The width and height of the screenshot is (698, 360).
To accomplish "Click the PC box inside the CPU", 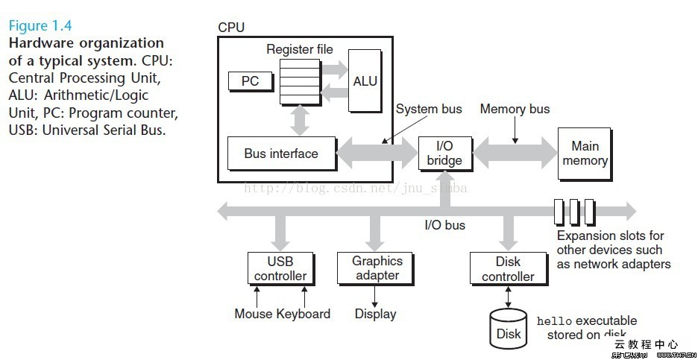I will (x=250, y=80).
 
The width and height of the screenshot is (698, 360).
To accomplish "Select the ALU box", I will (x=365, y=80).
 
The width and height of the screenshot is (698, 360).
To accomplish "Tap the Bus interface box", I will (x=281, y=154).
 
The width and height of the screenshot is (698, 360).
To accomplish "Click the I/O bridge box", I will (x=444, y=154).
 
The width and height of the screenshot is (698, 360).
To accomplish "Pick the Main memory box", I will (x=585, y=154).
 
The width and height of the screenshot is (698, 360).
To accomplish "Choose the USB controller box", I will (x=280, y=268).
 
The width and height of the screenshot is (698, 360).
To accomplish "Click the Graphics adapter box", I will (x=377, y=268).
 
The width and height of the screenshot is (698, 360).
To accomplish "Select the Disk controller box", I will (x=508, y=269).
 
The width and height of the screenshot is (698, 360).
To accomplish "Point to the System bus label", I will (x=429, y=109).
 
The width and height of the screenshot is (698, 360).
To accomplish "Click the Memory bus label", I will (x=515, y=109).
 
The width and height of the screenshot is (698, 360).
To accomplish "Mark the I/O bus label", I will (x=444, y=224).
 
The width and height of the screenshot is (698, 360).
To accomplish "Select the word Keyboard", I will (x=304, y=314).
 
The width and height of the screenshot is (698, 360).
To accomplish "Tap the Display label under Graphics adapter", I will (x=375, y=314).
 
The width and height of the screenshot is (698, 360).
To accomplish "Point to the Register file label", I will (x=300, y=49).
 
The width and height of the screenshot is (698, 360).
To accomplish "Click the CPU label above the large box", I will (x=231, y=28).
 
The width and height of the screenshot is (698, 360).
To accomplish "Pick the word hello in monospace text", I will (x=553, y=321).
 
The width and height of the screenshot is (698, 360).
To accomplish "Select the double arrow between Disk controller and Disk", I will (x=508, y=296).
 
